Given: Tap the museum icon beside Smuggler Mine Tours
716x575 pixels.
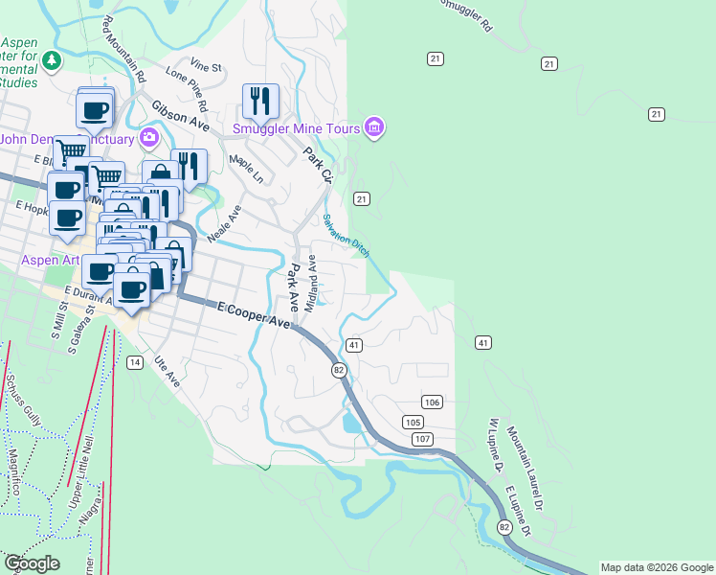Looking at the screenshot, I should click(373, 128).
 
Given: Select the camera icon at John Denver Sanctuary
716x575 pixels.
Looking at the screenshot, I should click(148, 138).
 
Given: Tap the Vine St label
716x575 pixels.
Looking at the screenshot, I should click(206, 67).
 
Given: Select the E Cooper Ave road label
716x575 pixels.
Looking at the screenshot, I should click(254, 316).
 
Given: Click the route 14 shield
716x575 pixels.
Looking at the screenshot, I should click(134, 362).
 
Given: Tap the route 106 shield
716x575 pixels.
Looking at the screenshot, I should click(432, 402).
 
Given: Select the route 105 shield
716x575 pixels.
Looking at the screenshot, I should click(413, 423).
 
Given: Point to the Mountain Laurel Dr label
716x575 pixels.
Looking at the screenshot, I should click(526, 454).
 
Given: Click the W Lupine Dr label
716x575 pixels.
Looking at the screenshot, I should click(495, 447).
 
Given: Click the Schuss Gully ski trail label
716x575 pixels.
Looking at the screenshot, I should click(23, 402).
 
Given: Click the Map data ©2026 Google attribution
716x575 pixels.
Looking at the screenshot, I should click(657, 567).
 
